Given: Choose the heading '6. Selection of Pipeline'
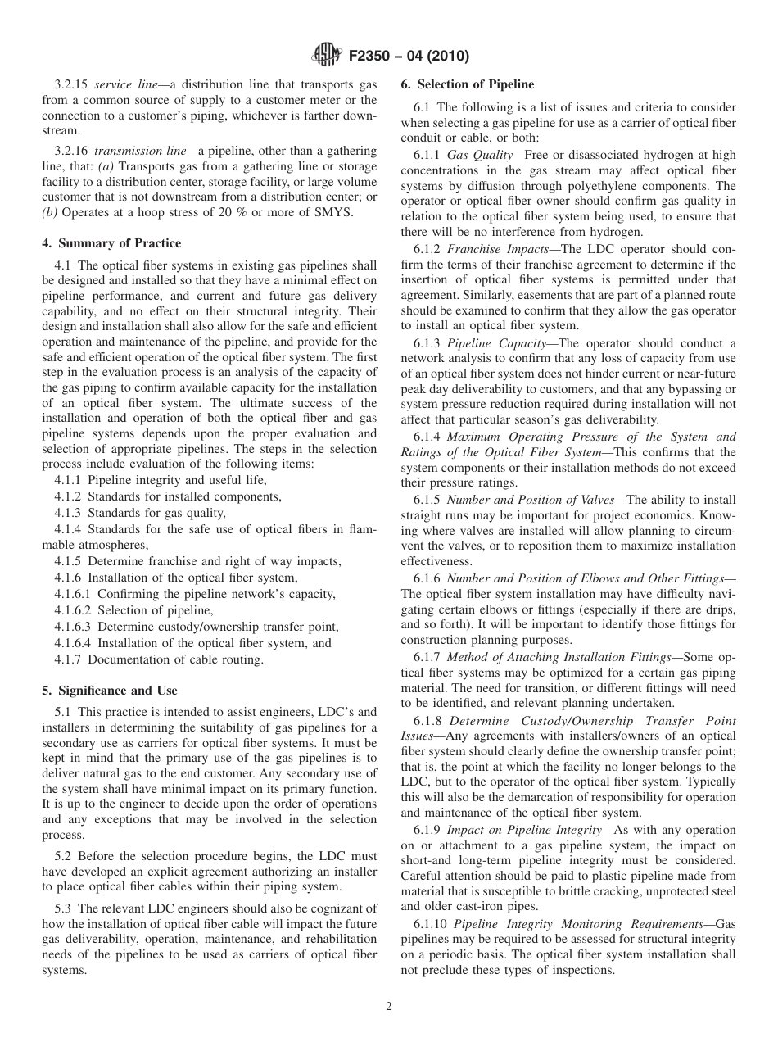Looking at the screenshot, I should coord(467,84).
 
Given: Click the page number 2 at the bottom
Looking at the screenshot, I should coord(389,1007).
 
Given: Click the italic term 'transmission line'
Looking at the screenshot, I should coord(137,152).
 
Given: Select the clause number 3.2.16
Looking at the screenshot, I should coord(72,152).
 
